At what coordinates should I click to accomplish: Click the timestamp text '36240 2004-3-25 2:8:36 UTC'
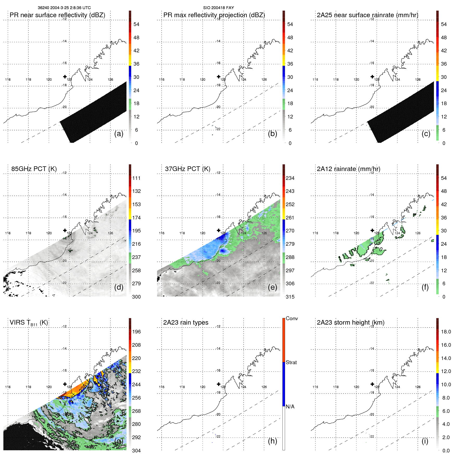pyautogui.click(x=64, y=8)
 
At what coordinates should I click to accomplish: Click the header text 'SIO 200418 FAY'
pyautogui.click(x=218, y=8)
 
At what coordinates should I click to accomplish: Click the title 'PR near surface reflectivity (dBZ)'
pyautogui.click(x=57, y=15)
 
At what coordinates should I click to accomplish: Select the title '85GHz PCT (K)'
pyautogui.click(x=34, y=169)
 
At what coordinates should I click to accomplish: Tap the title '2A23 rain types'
pyautogui.click(x=186, y=323)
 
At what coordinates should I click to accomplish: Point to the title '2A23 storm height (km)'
pyautogui.click(x=351, y=323)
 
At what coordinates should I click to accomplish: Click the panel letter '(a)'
pyautogui.click(x=119, y=134)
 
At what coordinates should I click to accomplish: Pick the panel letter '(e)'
pyautogui.click(x=273, y=287)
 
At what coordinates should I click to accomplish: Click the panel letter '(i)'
pyautogui.click(x=425, y=441)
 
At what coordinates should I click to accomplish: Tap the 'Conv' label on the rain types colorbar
pyautogui.click(x=292, y=319)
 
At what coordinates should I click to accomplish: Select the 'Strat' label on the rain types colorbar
pyautogui.click(x=291, y=363)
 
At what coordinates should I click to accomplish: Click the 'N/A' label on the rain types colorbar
pyautogui.click(x=290, y=407)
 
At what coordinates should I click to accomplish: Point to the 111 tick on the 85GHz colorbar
pyautogui.click(x=136, y=178)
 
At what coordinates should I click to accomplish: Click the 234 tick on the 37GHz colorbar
pyautogui.click(x=290, y=178)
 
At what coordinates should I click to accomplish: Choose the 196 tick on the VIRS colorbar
pyautogui.click(x=136, y=332)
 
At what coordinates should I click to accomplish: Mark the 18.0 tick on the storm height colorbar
pyautogui.click(x=446, y=332)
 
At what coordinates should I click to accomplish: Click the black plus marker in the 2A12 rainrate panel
pyautogui.click(x=372, y=230)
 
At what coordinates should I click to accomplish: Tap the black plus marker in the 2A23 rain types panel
pyautogui.click(x=219, y=384)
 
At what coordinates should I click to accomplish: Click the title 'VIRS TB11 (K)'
pyautogui.click(x=29, y=323)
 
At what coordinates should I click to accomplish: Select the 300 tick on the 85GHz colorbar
pyautogui.click(x=136, y=297)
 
